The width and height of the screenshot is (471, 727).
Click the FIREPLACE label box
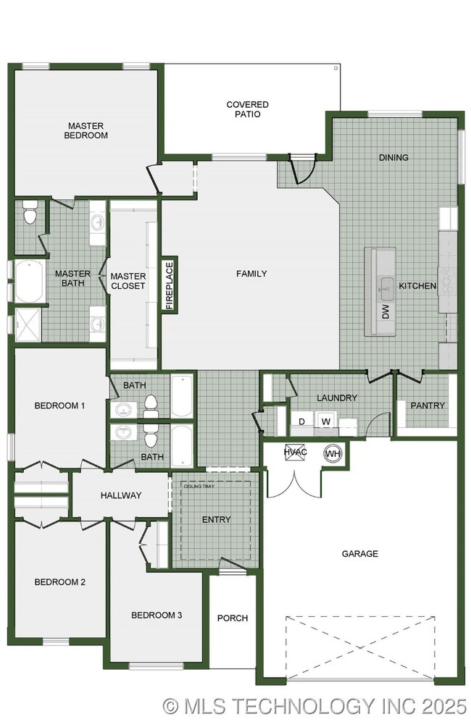point(169,285)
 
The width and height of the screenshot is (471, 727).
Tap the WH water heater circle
point(333,453)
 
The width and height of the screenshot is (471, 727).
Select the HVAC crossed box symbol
point(295,452)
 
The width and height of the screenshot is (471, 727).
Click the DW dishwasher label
point(386,311)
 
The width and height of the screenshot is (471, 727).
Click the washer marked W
point(326,421)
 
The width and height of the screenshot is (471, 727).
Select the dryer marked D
point(302,421)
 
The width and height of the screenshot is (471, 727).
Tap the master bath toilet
point(30,212)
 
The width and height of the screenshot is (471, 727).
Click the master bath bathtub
point(30,282)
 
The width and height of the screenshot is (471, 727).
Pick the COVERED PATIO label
point(247,109)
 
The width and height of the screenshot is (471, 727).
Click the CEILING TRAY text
point(199,487)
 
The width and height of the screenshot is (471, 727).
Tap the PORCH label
point(233,618)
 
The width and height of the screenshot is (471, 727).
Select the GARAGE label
point(359,554)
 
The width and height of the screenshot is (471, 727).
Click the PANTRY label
point(428,405)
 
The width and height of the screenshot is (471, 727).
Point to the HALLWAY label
point(121,495)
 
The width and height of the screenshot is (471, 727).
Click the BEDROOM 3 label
point(157,615)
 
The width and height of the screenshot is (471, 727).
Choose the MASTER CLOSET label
point(128,281)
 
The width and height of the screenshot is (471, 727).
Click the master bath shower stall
point(28,324)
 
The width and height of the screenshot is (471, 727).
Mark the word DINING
point(393,158)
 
